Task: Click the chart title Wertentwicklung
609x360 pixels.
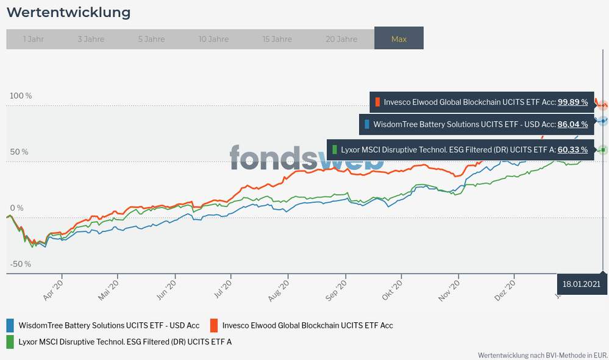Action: tap(68, 12)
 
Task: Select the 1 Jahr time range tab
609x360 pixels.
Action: tap(34, 39)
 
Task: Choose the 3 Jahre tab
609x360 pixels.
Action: tap(91, 39)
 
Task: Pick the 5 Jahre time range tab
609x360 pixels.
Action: tap(151, 39)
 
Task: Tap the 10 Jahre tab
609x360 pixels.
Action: tap(213, 39)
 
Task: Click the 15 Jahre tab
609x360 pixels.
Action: tap(277, 39)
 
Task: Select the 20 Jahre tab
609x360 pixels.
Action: tap(341, 39)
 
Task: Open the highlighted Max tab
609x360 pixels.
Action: tap(399, 39)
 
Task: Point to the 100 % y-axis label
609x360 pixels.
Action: tap(20, 96)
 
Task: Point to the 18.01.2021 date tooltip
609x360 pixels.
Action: tap(582, 284)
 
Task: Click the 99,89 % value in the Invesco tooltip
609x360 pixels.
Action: tap(573, 102)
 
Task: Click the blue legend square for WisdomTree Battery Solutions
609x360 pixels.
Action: tap(10, 325)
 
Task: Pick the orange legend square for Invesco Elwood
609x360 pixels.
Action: tap(215, 325)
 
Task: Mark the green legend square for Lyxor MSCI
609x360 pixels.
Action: tap(10, 342)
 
